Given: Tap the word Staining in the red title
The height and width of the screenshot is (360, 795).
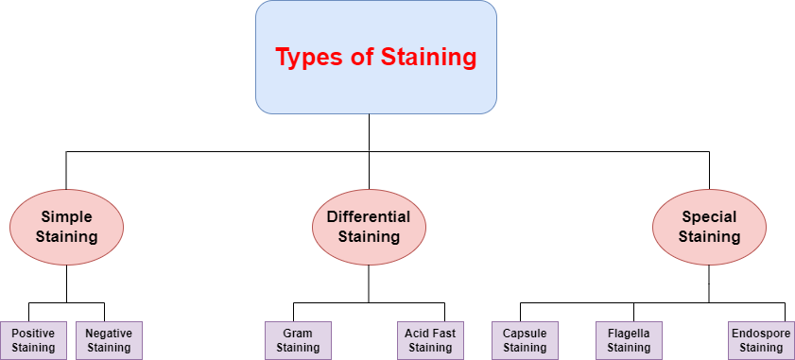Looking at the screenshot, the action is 428,58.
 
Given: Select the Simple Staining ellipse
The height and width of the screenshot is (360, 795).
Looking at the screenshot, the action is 66,227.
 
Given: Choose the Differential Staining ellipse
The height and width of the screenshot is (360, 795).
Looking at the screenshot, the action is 369,227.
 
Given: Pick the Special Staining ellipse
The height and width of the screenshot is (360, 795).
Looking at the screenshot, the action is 709,227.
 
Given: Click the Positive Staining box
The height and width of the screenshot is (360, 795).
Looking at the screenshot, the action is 33,340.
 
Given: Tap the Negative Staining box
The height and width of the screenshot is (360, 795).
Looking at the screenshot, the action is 109,340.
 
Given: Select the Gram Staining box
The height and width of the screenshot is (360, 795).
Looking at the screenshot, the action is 298,340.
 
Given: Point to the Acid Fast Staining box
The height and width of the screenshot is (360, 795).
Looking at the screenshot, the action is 430,340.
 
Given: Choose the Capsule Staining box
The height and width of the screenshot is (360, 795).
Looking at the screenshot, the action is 525,340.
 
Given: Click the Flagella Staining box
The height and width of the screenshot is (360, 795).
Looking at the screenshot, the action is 629,340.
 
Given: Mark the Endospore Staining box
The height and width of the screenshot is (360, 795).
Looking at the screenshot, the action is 761,340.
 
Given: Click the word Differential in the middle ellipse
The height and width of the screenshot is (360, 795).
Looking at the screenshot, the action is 369,217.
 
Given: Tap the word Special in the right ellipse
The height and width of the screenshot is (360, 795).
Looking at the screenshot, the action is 709,217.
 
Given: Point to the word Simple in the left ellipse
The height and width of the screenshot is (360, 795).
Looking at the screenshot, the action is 66,217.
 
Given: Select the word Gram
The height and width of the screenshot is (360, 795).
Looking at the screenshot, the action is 298,334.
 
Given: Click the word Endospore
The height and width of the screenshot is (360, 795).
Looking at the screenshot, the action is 761,334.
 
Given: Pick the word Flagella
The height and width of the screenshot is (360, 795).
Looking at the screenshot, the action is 629,334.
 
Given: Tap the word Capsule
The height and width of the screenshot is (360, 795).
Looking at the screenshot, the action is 525,334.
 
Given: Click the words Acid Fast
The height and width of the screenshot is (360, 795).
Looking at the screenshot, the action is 430,334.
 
